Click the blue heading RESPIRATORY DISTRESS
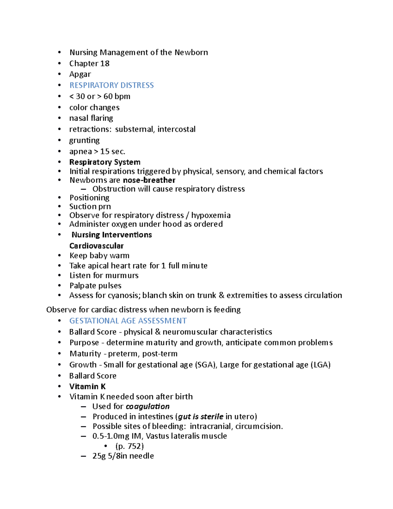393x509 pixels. tap(111, 85)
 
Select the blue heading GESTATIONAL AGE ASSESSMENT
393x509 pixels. tap(128, 321)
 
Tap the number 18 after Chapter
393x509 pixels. tap(105, 63)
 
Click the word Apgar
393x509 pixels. tap(80, 74)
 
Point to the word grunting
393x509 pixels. tap(84, 140)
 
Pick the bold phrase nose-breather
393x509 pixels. tap(149, 180)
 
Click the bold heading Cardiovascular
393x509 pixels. tap(96, 246)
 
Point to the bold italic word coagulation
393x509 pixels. tap(147, 406)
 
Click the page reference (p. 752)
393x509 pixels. tap(130, 446)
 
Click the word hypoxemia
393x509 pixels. tap(211, 215)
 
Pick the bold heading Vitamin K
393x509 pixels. tap(87, 387)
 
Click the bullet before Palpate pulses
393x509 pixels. tap(59, 286)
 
